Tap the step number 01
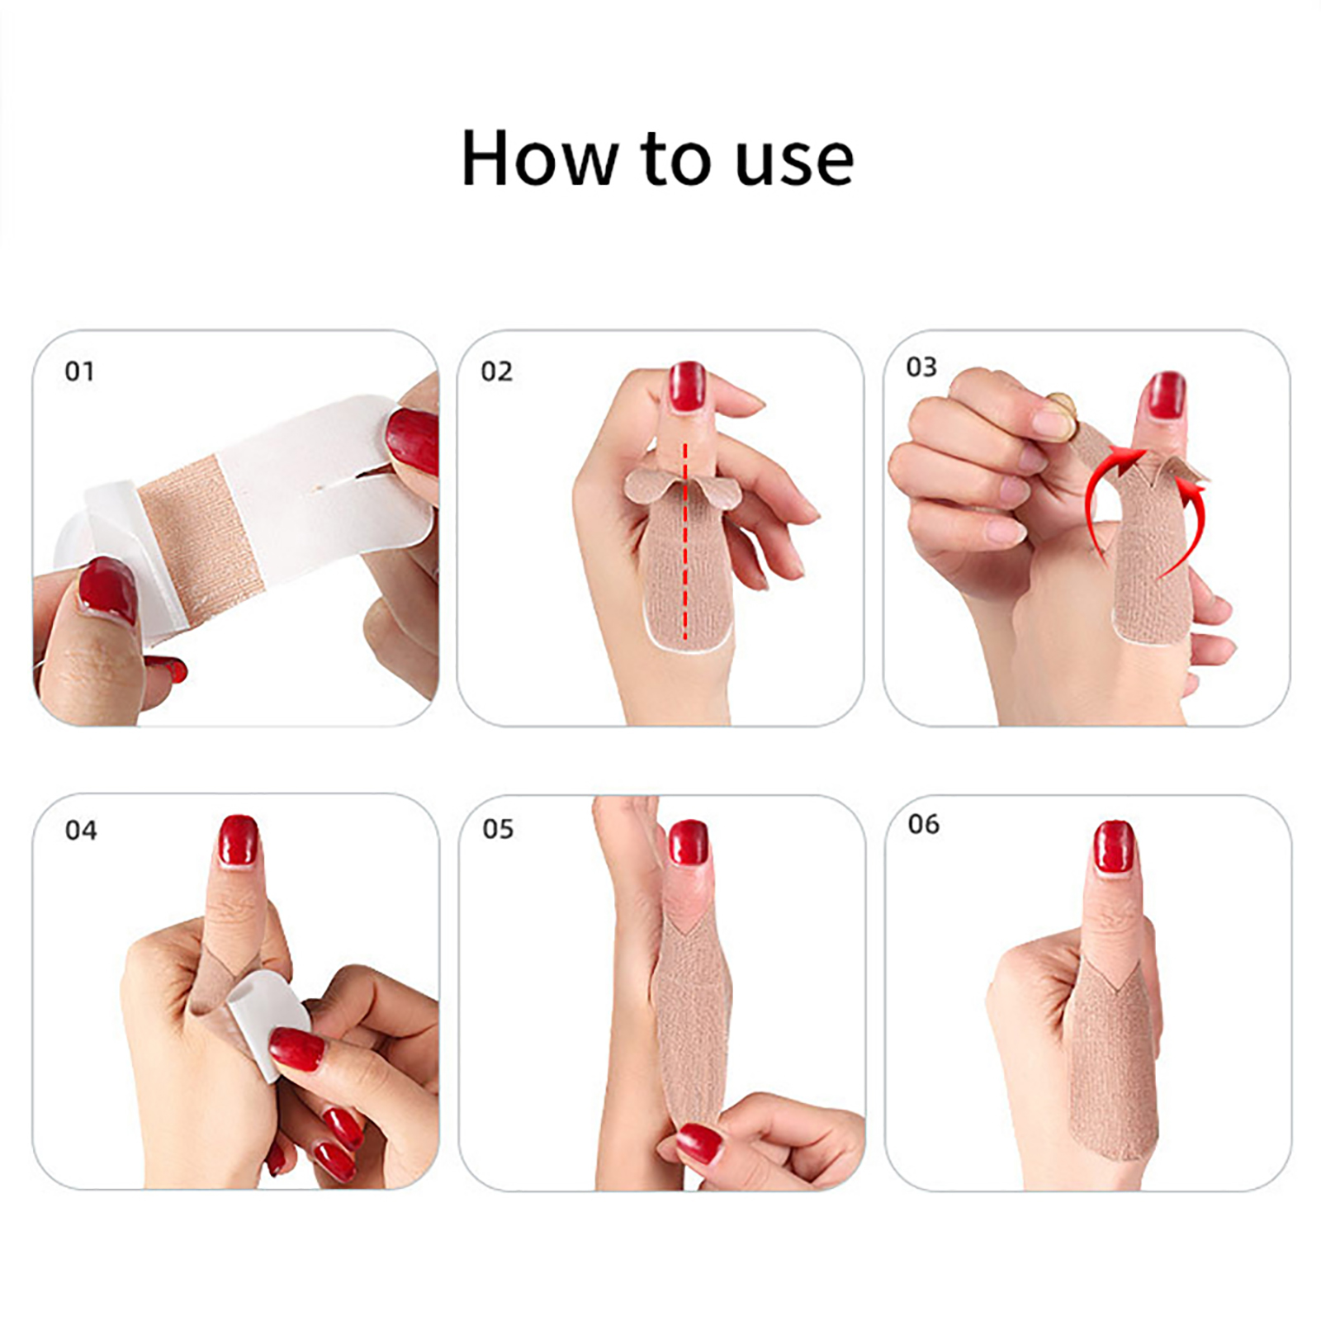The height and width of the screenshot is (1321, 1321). click(79, 372)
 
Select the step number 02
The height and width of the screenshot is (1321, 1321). click(496, 372)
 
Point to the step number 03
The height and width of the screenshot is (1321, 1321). click(921, 367)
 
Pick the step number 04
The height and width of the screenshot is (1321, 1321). click(81, 830)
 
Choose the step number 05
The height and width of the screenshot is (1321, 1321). click(498, 828)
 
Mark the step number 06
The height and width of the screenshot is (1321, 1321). click(923, 824)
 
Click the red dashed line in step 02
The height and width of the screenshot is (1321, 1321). click(684, 541)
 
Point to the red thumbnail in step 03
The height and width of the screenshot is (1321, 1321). click(1164, 397)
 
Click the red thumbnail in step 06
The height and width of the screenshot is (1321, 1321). click(1113, 846)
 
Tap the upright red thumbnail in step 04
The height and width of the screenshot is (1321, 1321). click(239, 840)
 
